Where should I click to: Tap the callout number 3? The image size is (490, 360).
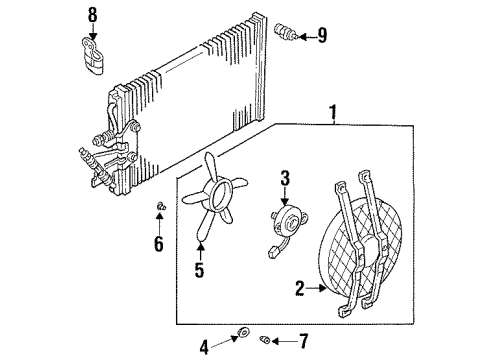[285, 179]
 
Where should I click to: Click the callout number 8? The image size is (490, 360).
[93, 15]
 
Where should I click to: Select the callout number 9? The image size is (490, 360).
[321, 37]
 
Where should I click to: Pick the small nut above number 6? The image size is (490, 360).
[159, 207]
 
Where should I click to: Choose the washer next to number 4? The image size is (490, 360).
[243, 333]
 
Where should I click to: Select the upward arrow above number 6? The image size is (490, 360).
[159, 221]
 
